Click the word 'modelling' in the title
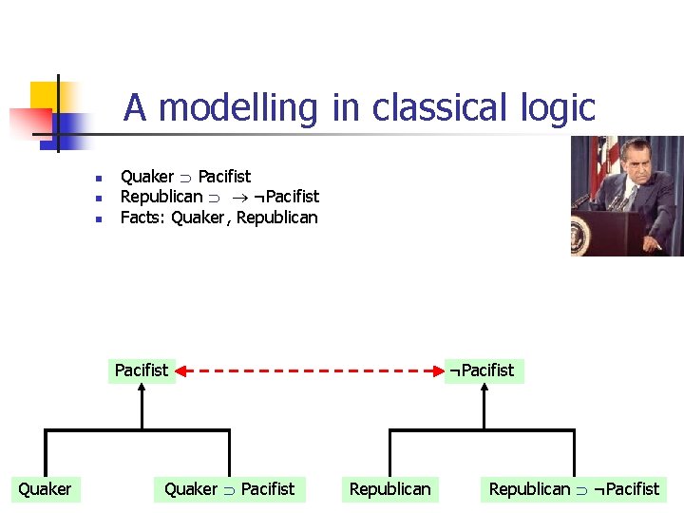(237, 108)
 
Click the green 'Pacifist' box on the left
(141, 370)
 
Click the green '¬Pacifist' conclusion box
(484, 370)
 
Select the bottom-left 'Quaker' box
(45, 489)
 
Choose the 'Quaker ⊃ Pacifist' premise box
(229, 489)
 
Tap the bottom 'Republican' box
(389, 489)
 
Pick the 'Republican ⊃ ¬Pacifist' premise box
(573, 489)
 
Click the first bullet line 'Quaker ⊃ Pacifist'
(185, 177)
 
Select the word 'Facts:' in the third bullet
(143, 218)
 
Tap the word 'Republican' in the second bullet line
(161, 197)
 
